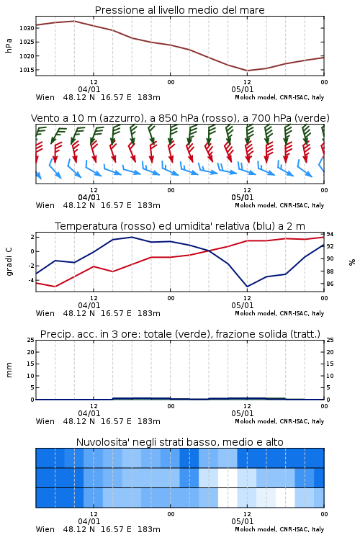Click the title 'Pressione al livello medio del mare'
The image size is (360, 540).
point(179,10)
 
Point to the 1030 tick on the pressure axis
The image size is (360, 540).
point(27,28)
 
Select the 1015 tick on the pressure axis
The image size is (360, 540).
point(27,70)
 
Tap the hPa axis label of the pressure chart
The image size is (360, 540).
point(9,45)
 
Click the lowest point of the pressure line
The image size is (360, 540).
point(247,71)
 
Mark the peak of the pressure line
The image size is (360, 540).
point(74,21)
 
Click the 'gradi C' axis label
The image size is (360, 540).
point(9,261)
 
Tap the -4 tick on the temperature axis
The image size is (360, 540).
point(31,280)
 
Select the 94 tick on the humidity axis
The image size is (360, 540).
point(330,235)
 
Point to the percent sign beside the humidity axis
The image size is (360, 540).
point(352,262)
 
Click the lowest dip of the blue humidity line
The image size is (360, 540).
point(247,287)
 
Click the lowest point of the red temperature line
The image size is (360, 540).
point(55,287)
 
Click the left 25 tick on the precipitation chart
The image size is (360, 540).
point(31,340)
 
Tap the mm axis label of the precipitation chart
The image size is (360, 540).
point(9,370)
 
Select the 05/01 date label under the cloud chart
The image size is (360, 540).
point(243,521)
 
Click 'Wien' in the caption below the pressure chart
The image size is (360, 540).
point(45,97)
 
